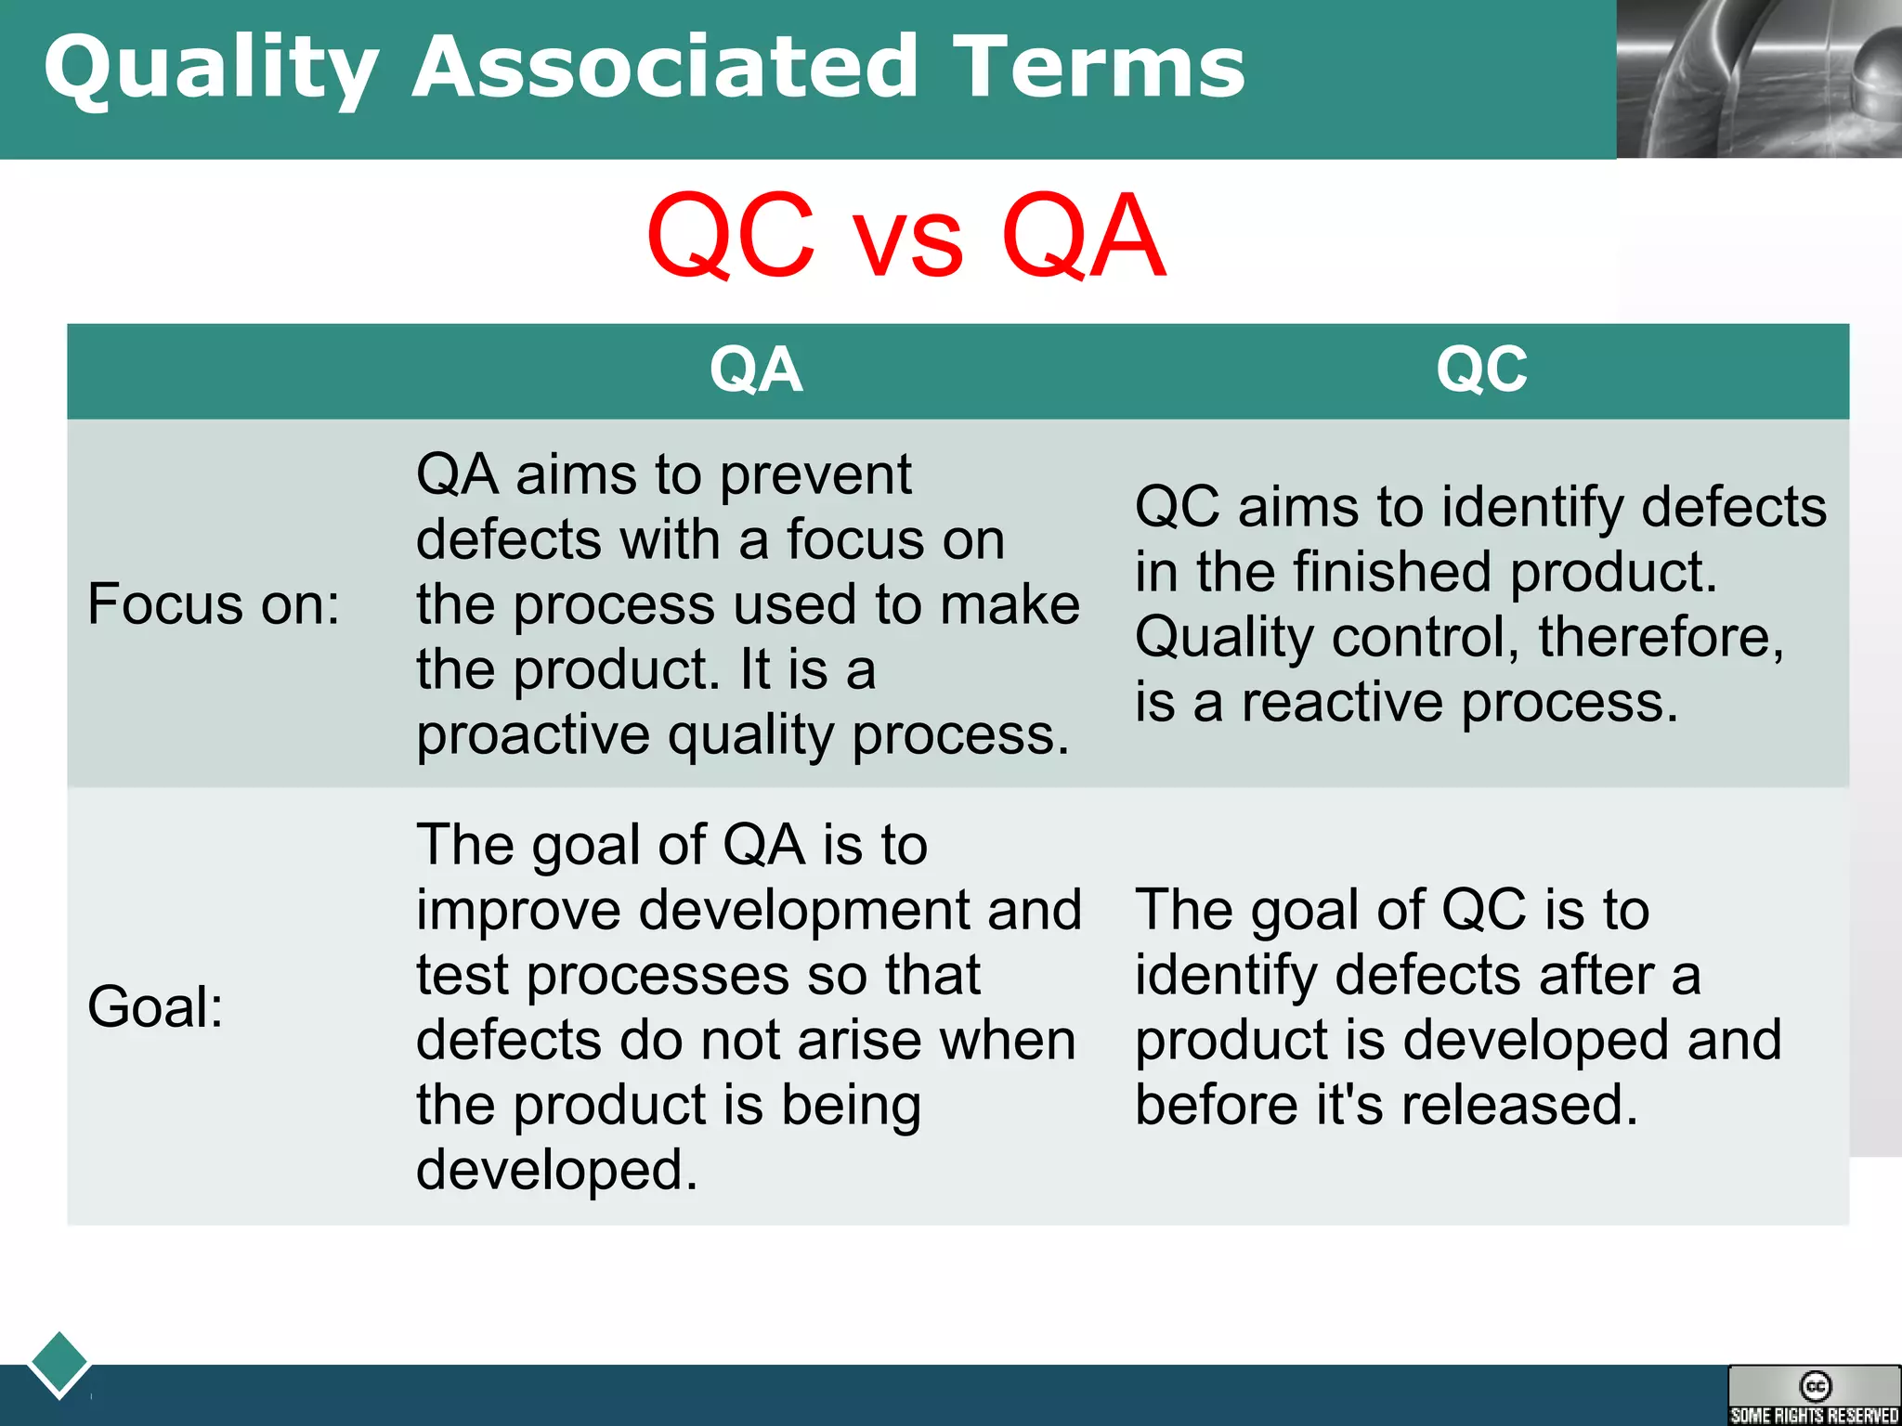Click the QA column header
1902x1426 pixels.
pyautogui.click(x=756, y=369)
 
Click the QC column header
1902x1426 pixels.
pyautogui.click(x=1481, y=369)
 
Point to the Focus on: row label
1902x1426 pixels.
pyautogui.click(x=214, y=604)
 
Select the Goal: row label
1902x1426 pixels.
pyautogui.click(x=155, y=1007)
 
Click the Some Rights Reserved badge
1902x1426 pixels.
pyautogui.click(x=1814, y=1395)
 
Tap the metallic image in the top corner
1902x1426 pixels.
pyautogui.click(x=1758, y=79)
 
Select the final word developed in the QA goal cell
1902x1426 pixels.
pyautogui.click(x=555, y=1170)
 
